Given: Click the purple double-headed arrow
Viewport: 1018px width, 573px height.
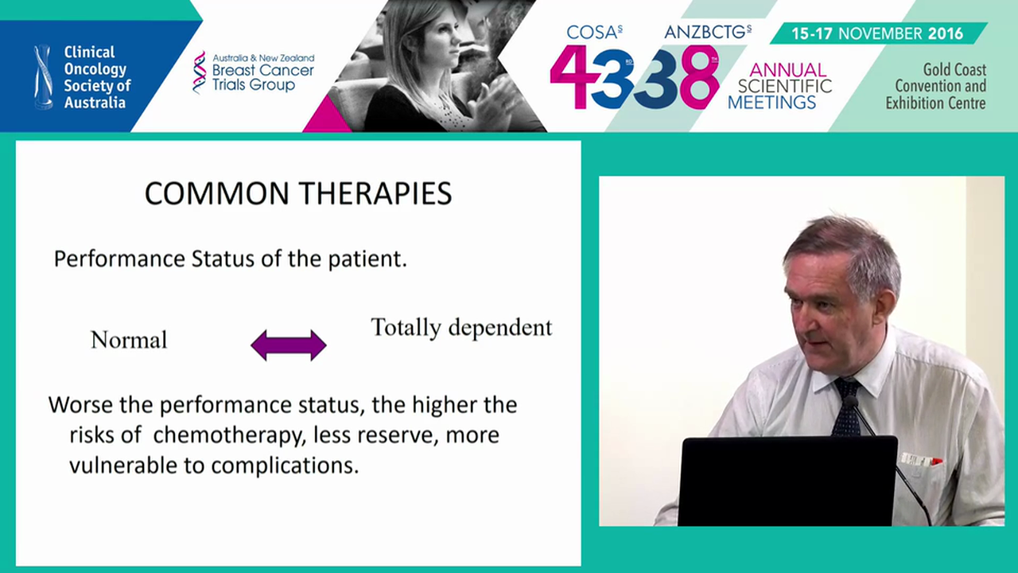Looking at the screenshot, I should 288,345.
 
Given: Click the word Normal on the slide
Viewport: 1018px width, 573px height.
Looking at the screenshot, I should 129,341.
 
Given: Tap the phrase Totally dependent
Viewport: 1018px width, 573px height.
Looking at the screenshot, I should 461,327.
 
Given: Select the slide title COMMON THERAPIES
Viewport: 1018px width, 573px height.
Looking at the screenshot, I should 298,193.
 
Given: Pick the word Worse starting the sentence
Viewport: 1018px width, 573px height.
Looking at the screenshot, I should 77,404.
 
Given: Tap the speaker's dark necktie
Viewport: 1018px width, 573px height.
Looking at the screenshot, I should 845,406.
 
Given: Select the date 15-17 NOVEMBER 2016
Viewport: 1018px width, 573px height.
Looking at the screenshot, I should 877,33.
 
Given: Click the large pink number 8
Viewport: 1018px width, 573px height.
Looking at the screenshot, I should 699,77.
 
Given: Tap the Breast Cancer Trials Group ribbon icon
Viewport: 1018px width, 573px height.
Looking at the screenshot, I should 199,72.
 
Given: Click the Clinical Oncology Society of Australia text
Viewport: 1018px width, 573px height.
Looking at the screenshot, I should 97,77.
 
